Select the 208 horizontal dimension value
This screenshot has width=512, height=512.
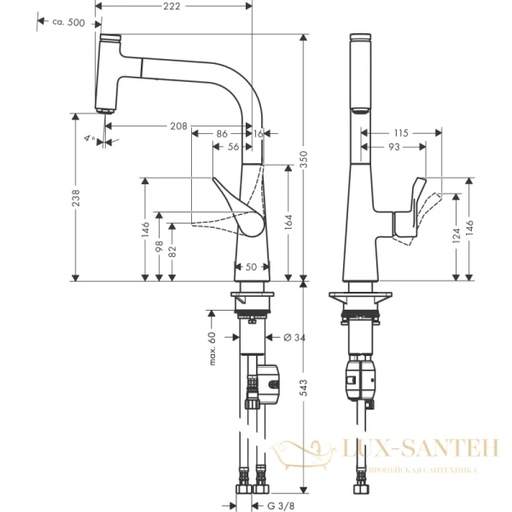coord(177,126)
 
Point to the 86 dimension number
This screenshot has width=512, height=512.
coord(221,134)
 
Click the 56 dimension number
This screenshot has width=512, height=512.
coord(233,147)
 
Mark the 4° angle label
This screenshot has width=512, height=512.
coord(89,137)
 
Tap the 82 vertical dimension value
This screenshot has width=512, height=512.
coord(174,253)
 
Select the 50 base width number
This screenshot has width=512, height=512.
coord(252,267)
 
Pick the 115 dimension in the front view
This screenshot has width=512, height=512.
coord(401,133)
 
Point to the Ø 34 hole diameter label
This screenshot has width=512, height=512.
coord(294,338)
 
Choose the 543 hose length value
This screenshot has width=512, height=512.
coord(303,391)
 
